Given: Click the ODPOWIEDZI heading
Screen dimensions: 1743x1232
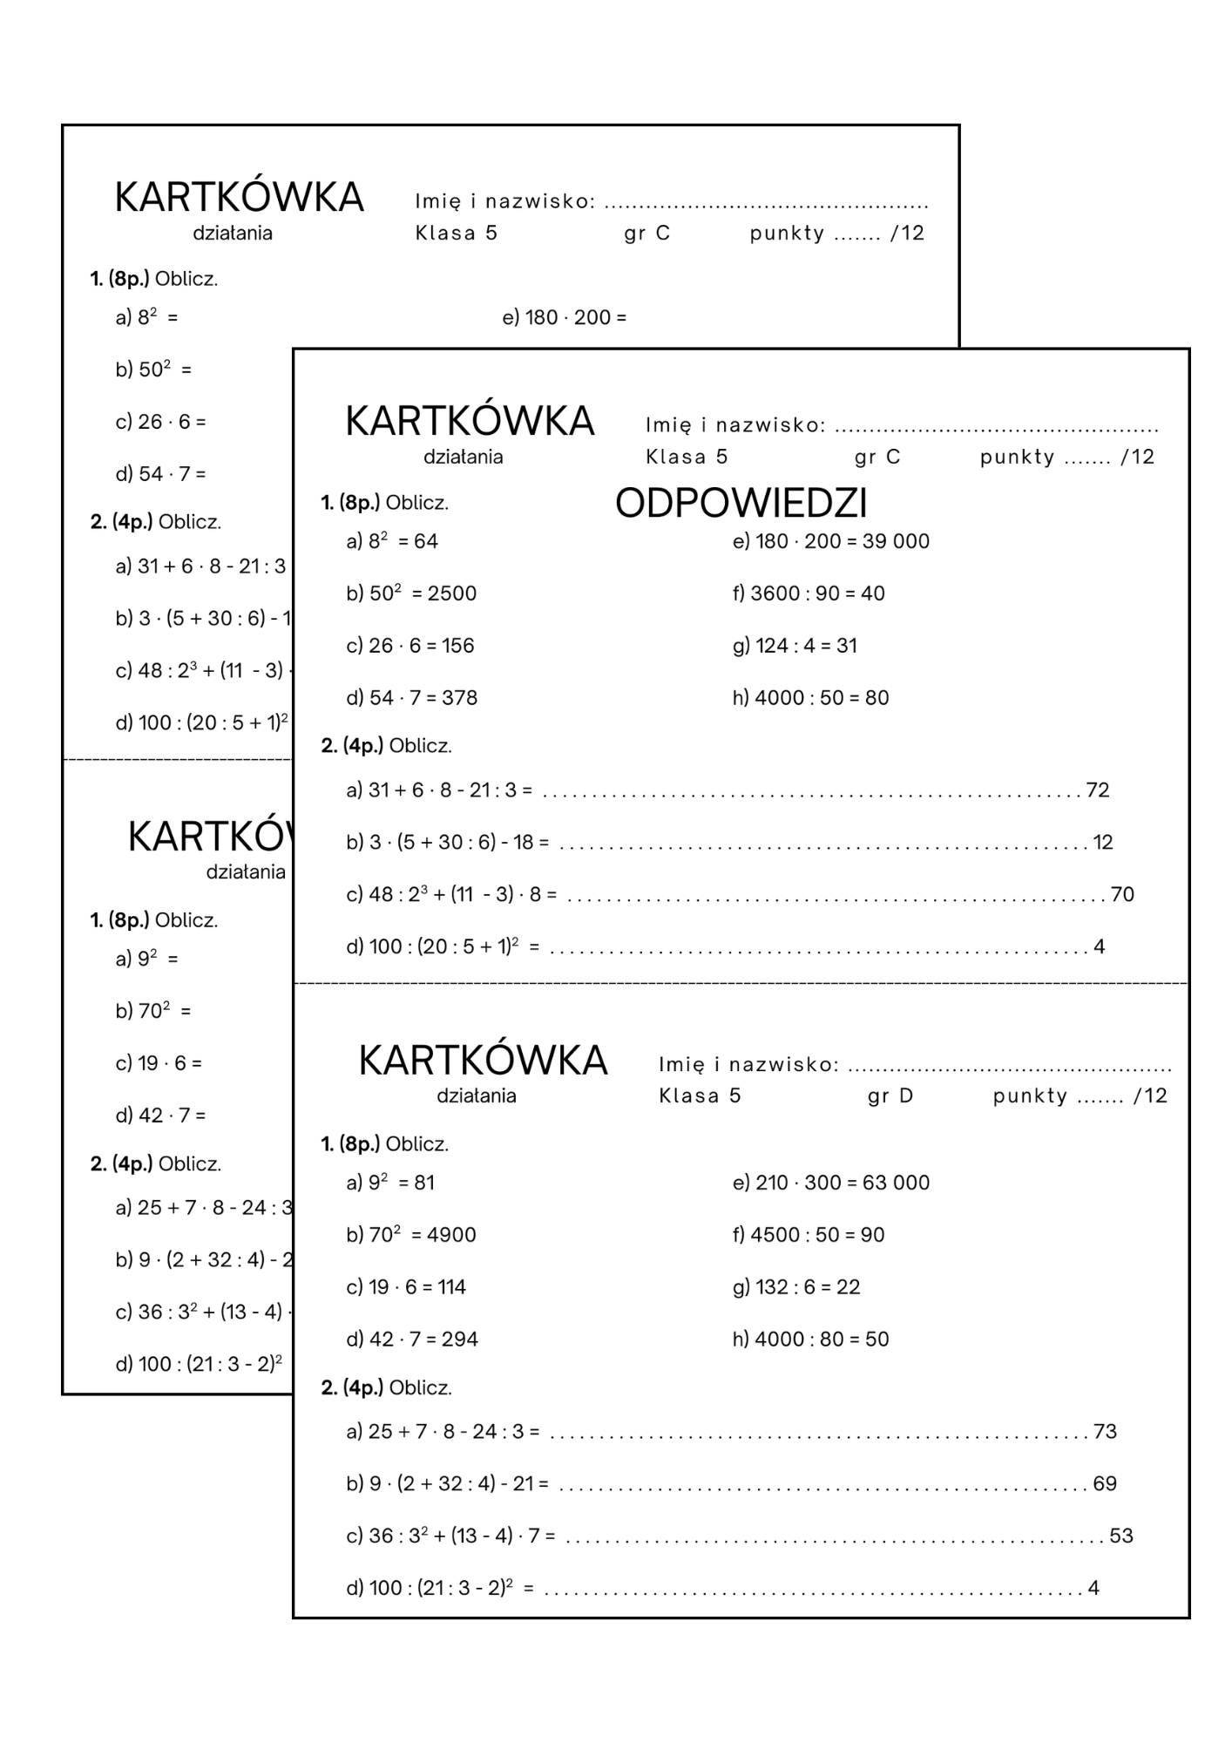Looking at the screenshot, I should tap(741, 504).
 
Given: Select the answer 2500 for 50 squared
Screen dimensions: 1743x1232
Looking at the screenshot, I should tap(451, 593).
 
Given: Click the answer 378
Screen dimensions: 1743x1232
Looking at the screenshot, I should tap(459, 698).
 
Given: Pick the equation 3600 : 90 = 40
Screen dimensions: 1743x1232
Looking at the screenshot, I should tap(809, 593).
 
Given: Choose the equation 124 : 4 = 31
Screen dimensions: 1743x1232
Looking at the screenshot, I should tap(795, 646).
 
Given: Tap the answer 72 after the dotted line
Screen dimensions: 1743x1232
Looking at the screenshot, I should tap(1098, 790).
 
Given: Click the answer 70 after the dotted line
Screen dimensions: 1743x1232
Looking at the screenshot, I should tap(1122, 895).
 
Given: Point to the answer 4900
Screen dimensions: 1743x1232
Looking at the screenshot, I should tap(451, 1235).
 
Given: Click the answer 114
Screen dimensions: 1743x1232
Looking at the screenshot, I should tap(451, 1287).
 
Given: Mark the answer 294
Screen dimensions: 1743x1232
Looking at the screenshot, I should tap(459, 1339).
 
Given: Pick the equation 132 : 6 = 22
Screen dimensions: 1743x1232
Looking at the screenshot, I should tap(796, 1287).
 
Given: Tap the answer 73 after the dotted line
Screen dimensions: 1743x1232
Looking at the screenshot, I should tap(1105, 1432).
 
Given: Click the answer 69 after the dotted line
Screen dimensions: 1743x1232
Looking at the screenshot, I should tap(1105, 1484).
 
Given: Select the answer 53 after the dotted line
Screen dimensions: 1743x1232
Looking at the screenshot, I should tap(1121, 1536).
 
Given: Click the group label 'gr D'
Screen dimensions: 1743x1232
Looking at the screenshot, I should tap(890, 1096).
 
